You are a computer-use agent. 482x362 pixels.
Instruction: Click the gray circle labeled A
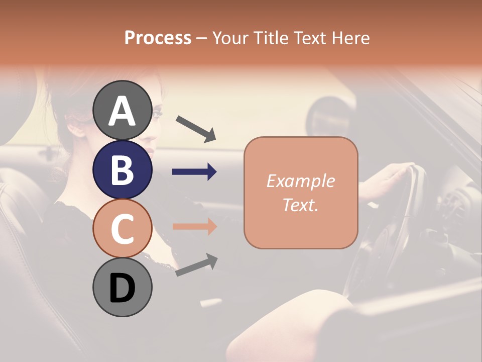pos(122,110)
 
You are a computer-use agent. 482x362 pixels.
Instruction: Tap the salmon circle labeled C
pos(122,228)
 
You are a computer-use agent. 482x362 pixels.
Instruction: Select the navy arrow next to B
pos(194,172)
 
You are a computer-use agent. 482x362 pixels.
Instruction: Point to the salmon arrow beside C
pos(194,227)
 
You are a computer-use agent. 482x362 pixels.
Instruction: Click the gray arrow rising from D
pos(196,265)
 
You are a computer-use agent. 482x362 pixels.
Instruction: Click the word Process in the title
pos(158,38)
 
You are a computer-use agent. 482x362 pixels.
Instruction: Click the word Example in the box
pos(300,181)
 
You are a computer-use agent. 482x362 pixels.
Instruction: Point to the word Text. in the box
pos(300,205)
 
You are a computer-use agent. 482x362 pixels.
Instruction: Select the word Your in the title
pos(230,38)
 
